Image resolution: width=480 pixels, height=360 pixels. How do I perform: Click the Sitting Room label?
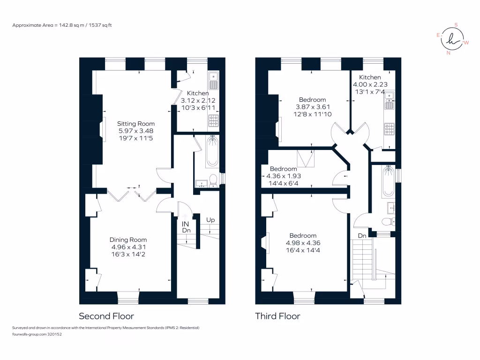click(136, 124)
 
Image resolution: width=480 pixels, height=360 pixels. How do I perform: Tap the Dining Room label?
click(129, 240)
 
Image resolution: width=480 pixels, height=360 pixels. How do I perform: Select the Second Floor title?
click(106, 316)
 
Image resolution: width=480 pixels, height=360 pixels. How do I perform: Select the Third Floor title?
click(277, 316)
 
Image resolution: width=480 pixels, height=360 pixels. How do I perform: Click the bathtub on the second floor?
click(212, 152)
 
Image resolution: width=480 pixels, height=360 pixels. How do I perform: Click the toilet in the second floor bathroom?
click(213, 179)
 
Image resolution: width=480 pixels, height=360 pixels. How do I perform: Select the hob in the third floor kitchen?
click(390, 129)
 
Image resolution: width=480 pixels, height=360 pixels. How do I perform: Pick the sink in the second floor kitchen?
click(214, 80)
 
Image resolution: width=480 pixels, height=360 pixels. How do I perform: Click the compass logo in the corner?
click(452, 40)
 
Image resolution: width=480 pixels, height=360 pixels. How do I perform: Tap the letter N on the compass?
click(449, 53)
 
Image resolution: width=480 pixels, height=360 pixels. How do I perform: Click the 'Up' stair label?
click(210, 219)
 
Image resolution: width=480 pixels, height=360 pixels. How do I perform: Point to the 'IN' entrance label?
click(186, 224)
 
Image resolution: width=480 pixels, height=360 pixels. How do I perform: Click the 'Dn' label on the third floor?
click(362, 235)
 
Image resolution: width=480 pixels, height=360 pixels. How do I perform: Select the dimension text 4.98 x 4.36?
click(302, 243)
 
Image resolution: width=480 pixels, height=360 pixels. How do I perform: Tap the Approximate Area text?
click(62, 25)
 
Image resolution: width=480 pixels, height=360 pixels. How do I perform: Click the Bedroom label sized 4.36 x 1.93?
click(283, 169)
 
